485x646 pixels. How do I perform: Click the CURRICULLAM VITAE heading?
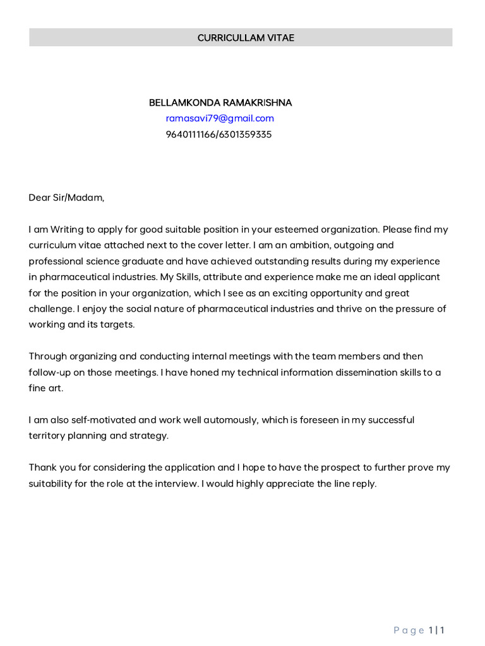[x=246, y=38]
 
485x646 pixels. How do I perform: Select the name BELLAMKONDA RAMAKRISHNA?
[x=220, y=102]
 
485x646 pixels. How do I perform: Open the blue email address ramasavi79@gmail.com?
[x=220, y=118]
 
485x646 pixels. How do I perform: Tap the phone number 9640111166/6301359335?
[x=219, y=134]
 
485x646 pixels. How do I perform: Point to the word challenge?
[x=51, y=308]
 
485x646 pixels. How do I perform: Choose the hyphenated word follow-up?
[x=50, y=372]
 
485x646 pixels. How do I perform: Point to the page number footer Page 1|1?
[x=420, y=630]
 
